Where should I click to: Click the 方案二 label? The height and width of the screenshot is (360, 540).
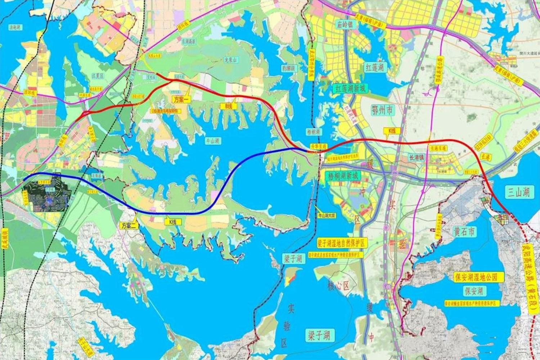pos(128,226)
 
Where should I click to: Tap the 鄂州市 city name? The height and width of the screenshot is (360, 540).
pos(384,112)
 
